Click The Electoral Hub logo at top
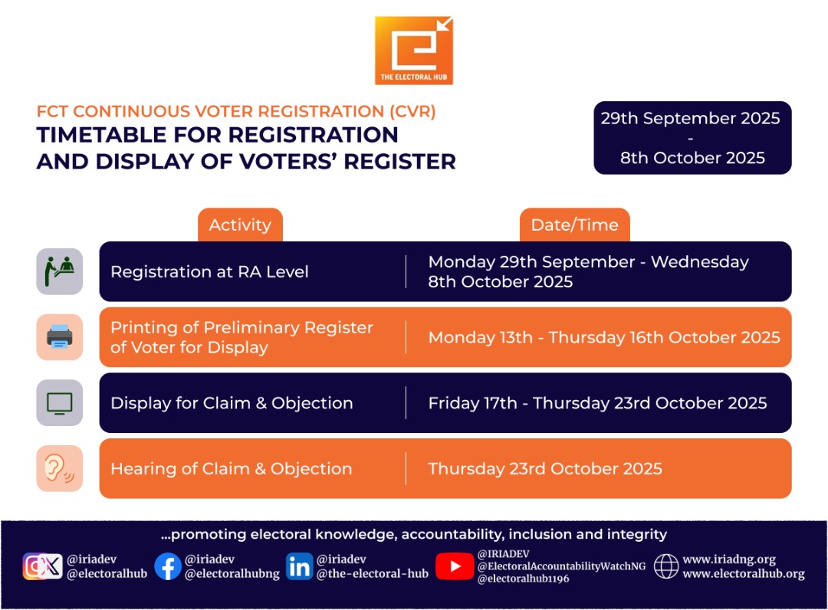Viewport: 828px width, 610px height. coord(414,51)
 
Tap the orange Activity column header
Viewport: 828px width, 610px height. coord(240,225)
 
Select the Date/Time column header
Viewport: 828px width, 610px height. coord(574,225)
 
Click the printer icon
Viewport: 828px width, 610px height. coord(59,336)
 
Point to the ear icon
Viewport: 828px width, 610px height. coord(59,468)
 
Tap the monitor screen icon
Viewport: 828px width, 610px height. coord(59,402)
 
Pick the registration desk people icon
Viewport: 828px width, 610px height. coord(59,271)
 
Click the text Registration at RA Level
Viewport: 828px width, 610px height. coord(209,271)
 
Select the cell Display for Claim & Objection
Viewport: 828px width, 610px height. coord(232,403)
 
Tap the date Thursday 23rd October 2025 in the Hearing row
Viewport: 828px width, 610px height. coord(544,469)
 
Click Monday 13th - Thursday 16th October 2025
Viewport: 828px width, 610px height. coord(603,337)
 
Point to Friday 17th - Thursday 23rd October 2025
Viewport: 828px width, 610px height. coord(597,403)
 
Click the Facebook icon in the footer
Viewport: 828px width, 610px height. coord(168,566)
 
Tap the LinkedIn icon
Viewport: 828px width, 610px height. coord(299,566)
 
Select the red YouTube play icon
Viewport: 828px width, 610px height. coord(455,566)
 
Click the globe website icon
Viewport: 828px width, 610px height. coord(665,566)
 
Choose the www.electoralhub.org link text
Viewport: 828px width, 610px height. coord(743,573)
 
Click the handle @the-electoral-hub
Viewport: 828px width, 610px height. coord(373,573)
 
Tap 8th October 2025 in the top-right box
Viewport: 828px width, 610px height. coord(692,157)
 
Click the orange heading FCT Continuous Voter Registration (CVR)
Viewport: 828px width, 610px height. coord(236,111)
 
